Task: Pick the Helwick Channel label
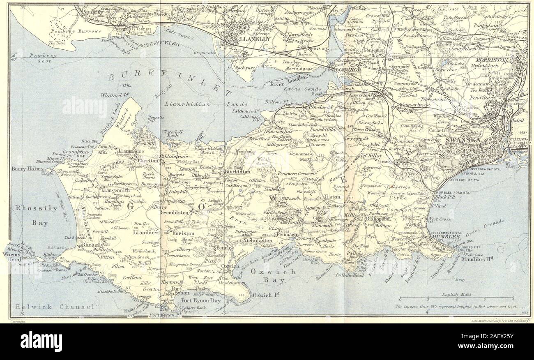(53, 307)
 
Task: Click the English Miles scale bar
(456, 297)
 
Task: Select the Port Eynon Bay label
(195, 300)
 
